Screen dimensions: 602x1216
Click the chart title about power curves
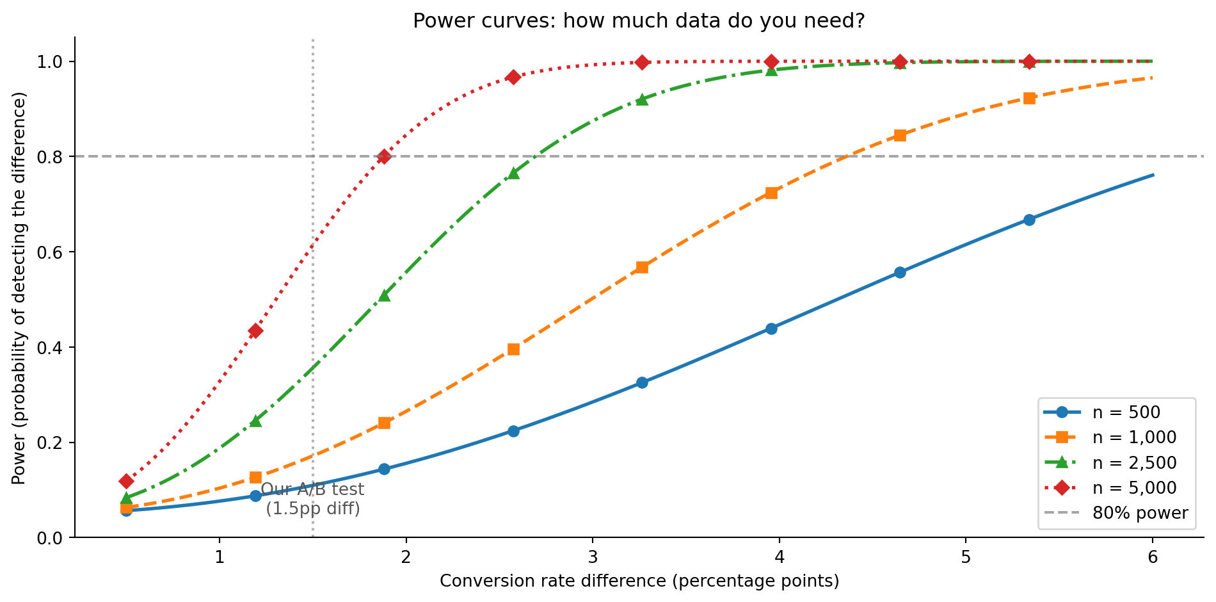(x=639, y=21)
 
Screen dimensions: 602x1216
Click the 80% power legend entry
(x=1140, y=513)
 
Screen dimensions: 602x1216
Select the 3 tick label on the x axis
(x=593, y=557)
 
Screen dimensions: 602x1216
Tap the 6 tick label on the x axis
(x=1153, y=557)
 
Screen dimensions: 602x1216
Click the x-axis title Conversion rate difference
(x=639, y=581)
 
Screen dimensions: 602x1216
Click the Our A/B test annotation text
(x=313, y=499)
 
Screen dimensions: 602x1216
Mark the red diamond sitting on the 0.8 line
(x=384, y=157)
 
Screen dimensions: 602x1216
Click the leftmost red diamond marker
(x=126, y=481)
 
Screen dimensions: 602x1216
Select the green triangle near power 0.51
(x=384, y=295)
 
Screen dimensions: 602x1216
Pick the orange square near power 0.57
(x=642, y=267)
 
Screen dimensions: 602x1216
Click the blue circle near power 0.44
(x=771, y=329)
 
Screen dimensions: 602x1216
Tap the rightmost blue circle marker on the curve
(x=1029, y=220)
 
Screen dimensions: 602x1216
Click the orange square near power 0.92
(x=1029, y=98)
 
